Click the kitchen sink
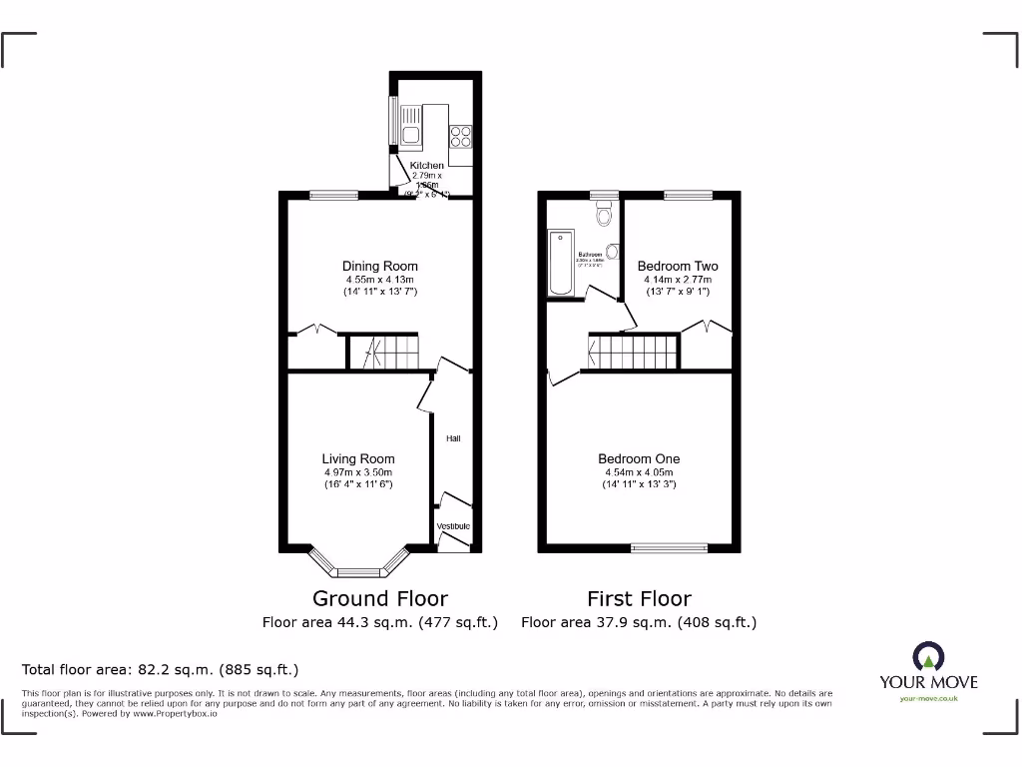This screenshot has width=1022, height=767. coord(410,134)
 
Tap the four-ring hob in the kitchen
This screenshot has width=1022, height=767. coord(460,136)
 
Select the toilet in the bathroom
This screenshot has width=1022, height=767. coord(604,214)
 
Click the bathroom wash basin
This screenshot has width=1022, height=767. coord(612,252)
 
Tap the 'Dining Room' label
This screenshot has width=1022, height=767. coord(379,266)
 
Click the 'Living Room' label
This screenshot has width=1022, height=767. coord(358,459)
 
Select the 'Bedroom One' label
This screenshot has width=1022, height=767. coord(639,459)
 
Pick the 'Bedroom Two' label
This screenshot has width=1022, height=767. coord(678,266)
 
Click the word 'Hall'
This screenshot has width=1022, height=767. coord(453,438)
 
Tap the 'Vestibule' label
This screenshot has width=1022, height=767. coord(453,526)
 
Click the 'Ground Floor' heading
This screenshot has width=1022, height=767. coord(380,598)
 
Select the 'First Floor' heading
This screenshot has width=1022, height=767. coord(639,598)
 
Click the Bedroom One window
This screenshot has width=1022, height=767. coord(670,547)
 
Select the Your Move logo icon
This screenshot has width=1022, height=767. coord(928,657)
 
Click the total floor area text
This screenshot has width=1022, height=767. coord(161,669)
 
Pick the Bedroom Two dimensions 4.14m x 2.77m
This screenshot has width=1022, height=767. coord(678,280)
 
